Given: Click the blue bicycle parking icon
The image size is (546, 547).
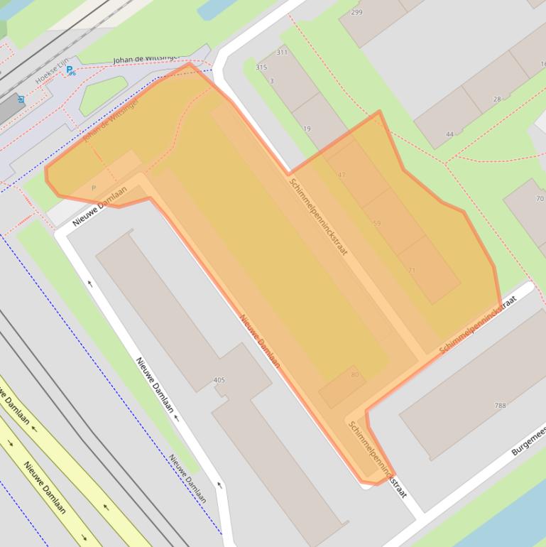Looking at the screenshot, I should (70, 70).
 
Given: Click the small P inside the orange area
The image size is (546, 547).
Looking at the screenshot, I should (93, 188).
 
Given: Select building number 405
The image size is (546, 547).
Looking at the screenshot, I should (219, 380).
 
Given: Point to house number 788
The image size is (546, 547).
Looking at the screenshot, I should (500, 406).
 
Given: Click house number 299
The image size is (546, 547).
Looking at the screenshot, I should (356, 12).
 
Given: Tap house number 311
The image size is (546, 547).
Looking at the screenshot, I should (282, 52).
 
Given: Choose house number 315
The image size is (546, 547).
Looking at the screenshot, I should (261, 67).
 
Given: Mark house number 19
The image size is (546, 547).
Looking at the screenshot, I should (307, 129).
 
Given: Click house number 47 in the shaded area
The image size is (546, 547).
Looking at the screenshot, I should (342, 175).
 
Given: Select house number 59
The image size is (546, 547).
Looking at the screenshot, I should (376, 223).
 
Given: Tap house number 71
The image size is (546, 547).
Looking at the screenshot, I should (412, 271).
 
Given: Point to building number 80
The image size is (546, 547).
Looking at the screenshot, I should (354, 374).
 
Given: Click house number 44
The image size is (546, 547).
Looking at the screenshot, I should (449, 134).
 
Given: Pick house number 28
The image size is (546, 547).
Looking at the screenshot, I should (497, 99).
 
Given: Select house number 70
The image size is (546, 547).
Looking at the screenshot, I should (540, 198).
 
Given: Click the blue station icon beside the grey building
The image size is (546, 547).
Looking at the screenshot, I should (21, 99).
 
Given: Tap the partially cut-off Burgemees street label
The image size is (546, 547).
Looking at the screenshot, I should (528, 441).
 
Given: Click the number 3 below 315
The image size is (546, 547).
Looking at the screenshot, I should (271, 81).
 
